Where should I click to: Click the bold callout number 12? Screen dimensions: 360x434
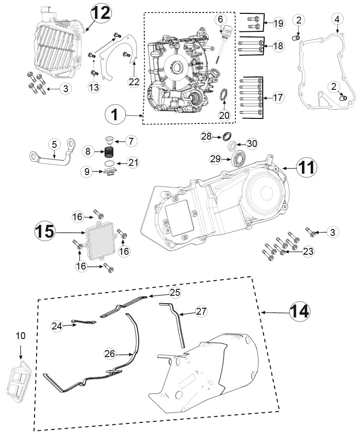coord(101,13)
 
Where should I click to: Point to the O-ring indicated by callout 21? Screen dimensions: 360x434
coord(110,163)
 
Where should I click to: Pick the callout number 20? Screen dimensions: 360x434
coord(224,115)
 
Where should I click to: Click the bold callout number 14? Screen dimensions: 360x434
coord(300,311)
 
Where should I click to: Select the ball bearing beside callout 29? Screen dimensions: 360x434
coord(238,157)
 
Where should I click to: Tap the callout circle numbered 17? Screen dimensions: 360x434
coord(277,97)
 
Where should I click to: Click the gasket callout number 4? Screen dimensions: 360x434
coord(337,19)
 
